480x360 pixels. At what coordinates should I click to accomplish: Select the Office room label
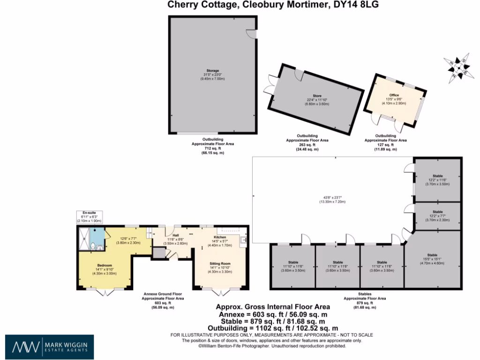[394, 95]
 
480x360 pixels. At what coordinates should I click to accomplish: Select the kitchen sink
[243, 241]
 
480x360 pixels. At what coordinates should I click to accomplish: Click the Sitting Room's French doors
[221, 292]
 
